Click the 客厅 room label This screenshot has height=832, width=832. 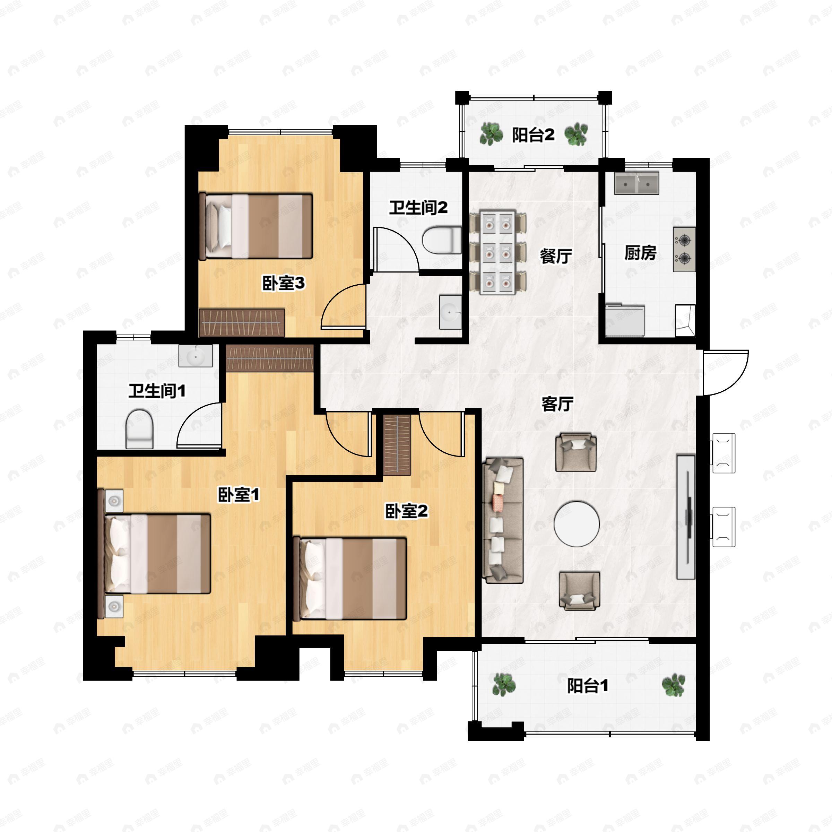point(557,404)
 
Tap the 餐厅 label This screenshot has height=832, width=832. point(556,256)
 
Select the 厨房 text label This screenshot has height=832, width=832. point(640,253)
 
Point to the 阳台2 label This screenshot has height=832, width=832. point(533,135)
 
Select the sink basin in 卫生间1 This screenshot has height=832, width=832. point(196,356)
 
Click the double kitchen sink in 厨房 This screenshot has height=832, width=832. point(636,183)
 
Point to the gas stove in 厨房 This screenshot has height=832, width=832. point(684,249)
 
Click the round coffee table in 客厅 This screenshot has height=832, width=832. point(577,524)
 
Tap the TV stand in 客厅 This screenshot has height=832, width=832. point(686,517)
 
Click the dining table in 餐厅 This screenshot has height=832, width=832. point(498,252)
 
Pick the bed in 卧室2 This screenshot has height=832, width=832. point(350,578)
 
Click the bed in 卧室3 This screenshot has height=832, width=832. point(256,226)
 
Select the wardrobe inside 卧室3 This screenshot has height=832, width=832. point(242,322)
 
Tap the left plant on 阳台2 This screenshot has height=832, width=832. point(491,134)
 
